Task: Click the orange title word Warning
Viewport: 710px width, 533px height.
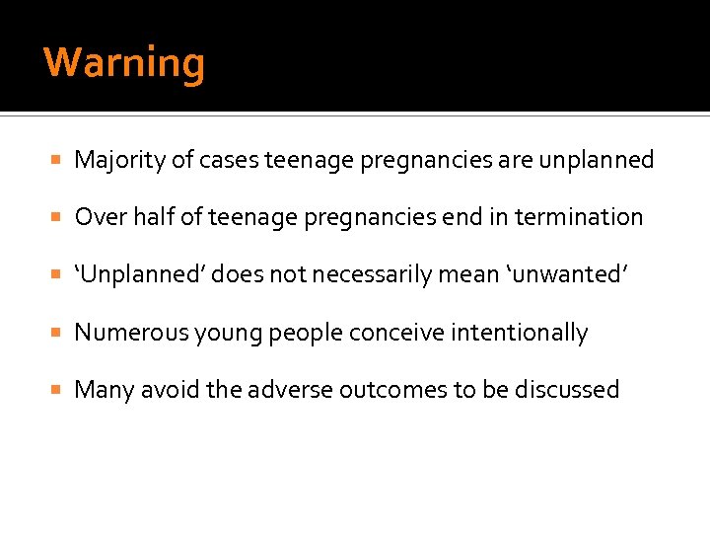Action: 124,63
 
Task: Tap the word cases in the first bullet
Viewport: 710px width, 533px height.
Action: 229,160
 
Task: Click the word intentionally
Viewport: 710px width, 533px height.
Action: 519,333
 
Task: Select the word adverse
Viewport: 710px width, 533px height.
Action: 285,390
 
